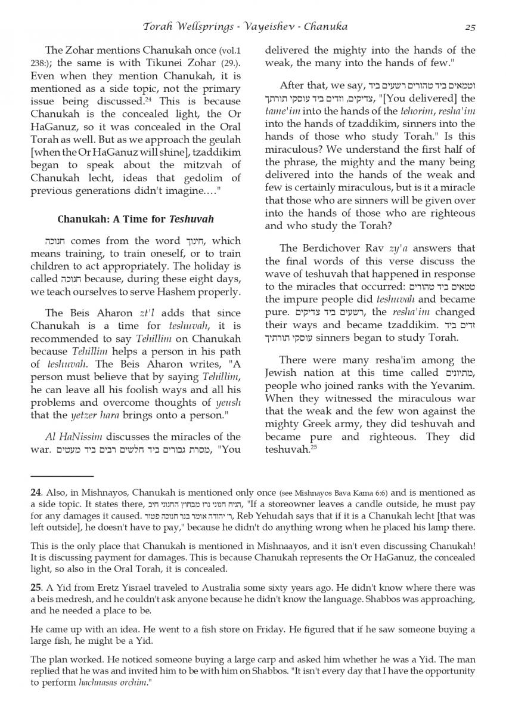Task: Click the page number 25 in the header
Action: (x=470, y=26)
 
